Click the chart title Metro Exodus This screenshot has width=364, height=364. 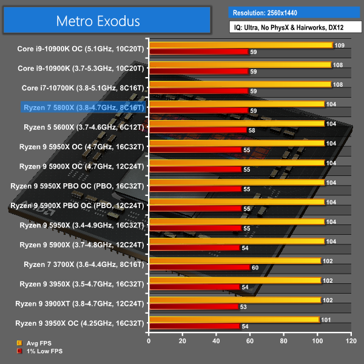click(x=98, y=21)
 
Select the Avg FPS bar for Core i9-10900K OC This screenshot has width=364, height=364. click(x=241, y=45)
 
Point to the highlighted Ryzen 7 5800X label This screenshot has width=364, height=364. click(x=84, y=108)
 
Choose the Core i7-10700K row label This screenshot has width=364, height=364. click(x=84, y=88)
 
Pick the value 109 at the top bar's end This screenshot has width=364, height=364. click(x=340, y=45)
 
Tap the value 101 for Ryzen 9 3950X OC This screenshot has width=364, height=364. click(x=326, y=320)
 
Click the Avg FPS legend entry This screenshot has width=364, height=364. click(x=38, y=343)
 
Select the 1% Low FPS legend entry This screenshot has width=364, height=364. click(x=41, y=351)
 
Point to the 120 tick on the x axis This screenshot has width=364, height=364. click(x=350, y=341)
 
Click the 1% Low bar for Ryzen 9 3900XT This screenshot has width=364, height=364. click(x=194, y=306)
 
